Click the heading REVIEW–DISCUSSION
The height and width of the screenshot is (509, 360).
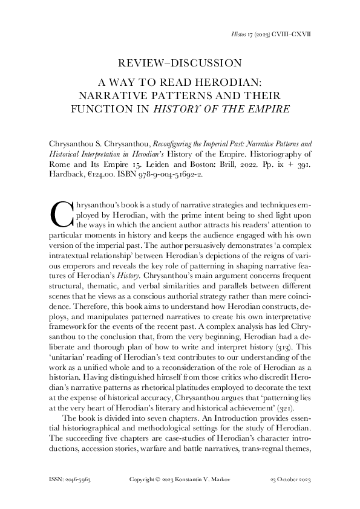tap(180, 62)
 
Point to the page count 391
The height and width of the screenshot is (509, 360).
tap(303, 164)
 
